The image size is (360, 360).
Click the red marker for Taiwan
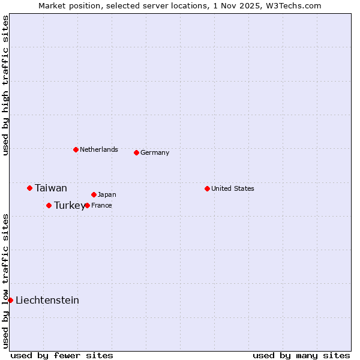(x=29, y=188)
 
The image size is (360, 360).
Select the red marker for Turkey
(x=49, y=205)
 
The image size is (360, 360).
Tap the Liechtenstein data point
(x=10, y=300)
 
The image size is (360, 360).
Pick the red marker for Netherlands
(x=76, y=149)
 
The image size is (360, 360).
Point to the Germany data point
(x=136, y=152)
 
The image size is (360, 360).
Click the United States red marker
(x=207, y=188)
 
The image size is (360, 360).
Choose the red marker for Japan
(x=94, y=194)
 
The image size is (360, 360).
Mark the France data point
(x=87, y=205)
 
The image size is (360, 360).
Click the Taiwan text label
(x=51, y=188)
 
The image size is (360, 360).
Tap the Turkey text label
(x=69, y=206)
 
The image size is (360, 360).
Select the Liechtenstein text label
(x=47, y=301)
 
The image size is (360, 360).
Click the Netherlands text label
(x=99, y=149)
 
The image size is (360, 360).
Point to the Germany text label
(x=155, y=152)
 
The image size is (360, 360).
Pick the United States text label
(x=233, y=188)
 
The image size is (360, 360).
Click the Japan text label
(x=107, y=194)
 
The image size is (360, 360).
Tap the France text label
(x=101, y=205)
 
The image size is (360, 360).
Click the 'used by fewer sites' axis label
(x=62, y=355)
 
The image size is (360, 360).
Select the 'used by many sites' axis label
(x=301, y=355)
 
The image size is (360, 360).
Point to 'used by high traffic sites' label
(x=5, y=85)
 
